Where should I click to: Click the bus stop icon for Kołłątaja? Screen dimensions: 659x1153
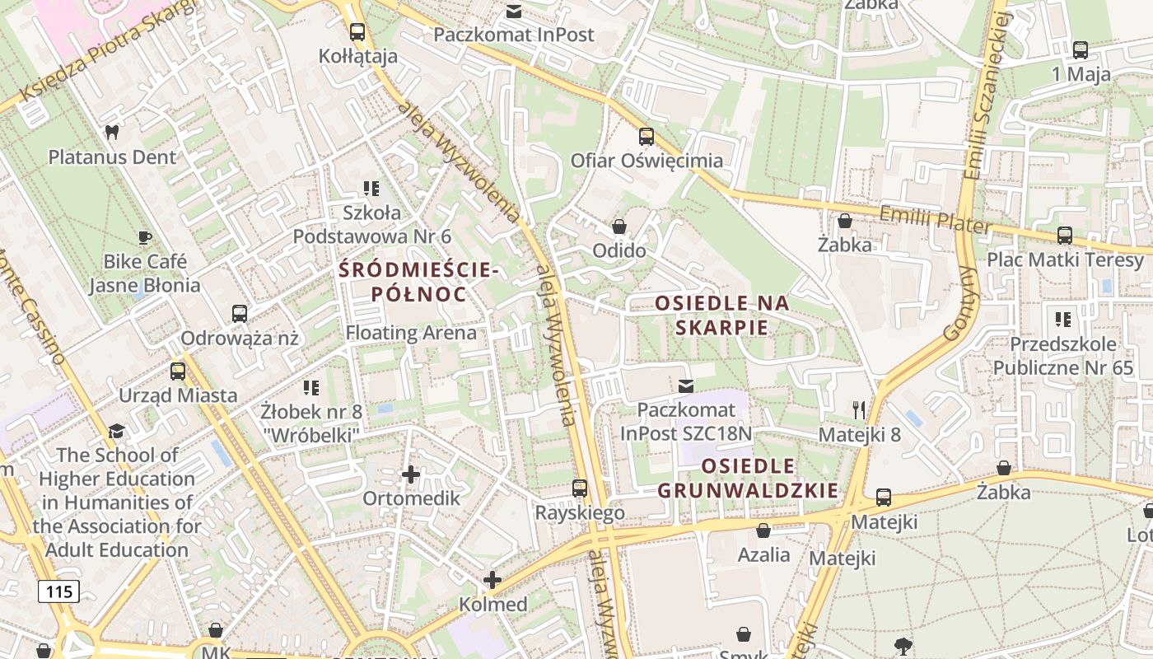click(357, 32)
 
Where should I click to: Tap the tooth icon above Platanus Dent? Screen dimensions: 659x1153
click(112, 132)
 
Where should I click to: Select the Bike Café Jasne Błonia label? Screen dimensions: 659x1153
click(145, 273)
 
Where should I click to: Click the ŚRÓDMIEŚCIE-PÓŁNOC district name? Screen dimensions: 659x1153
click(418, 282)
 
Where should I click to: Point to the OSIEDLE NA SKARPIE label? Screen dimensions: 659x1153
click(722, 315)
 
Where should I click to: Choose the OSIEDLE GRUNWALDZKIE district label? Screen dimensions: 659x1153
click(748, 479)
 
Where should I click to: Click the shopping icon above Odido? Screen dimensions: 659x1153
click(619, 226)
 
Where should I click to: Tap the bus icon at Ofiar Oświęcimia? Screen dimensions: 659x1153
click(647, 137)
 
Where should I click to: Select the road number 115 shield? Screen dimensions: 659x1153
click(58, 591)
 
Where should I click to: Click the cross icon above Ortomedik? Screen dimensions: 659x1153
click(411, 474)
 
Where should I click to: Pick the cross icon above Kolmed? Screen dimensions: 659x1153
click(492, 580)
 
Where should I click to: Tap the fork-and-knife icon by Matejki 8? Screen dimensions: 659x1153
click(860, 409)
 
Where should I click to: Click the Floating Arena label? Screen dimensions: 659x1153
click(411, 333)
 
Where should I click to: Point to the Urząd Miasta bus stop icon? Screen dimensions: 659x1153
click(178, 372)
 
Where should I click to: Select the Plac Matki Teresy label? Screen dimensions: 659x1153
click(1065, 260)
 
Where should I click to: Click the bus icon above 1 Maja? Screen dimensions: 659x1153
click(1081, 50)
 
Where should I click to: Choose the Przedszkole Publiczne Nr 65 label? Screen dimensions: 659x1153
click(1063, 356)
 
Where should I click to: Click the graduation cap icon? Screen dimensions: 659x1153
click(117, 432)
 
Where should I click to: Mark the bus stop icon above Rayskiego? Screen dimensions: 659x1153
click(580, 488)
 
